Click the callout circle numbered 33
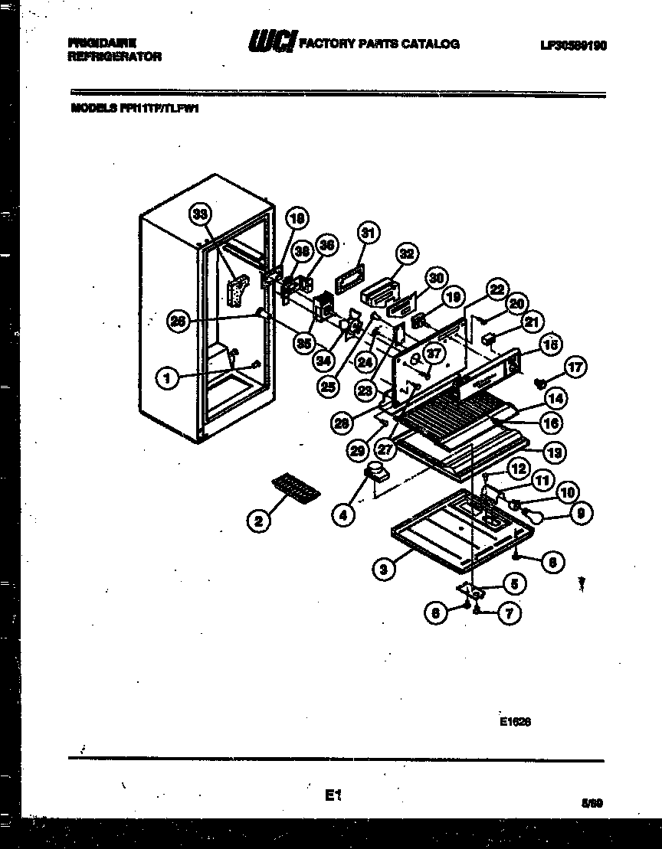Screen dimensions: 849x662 point(202,215)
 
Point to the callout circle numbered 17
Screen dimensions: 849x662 point(576,367)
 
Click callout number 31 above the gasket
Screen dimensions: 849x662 point(368,233)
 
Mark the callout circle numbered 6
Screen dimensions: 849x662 point(436,612)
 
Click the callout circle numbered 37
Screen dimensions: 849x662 point(434,354)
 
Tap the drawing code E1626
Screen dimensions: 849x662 point(515,720)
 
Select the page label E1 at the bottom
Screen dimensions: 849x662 point(331,796)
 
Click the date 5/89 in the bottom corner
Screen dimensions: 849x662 point(592,803)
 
